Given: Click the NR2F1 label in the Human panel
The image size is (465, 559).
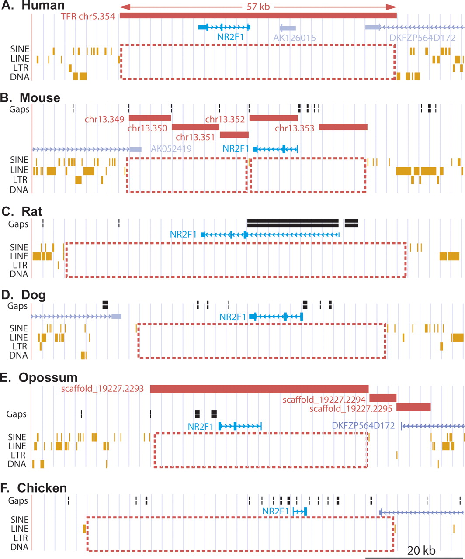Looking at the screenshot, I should click(230, 37).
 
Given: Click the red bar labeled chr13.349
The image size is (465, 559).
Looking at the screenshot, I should click(149, 118).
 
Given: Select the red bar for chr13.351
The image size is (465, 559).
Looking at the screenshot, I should click(234, 135).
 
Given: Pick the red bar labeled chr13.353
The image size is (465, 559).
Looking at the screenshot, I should click(343, 127).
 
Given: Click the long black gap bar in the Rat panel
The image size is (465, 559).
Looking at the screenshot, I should click(292, 223).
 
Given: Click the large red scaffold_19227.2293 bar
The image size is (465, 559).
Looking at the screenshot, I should click(259, 389).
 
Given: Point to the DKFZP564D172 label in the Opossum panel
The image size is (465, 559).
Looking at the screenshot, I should click(363, 425).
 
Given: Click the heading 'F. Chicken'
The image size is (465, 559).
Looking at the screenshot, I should click(35, 488).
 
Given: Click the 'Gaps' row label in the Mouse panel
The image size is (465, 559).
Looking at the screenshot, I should click(20, 109).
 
